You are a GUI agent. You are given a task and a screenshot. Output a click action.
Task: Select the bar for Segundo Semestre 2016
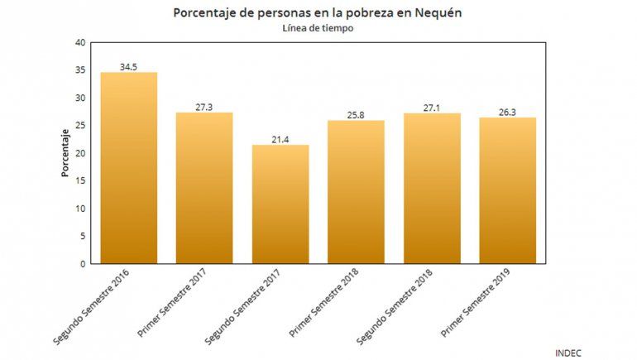pos(129,168)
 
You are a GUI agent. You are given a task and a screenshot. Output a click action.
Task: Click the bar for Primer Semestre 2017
pos(204,188)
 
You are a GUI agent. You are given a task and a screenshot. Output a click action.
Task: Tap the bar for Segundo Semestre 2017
pos(280,204)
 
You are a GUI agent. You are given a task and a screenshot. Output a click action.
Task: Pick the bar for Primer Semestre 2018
pos(356,192)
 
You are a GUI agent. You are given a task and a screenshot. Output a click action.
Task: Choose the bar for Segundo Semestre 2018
pos(432,189)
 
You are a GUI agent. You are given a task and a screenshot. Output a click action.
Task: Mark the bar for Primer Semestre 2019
pos(508,190)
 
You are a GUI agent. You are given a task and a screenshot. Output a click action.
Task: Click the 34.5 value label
pos(129,66)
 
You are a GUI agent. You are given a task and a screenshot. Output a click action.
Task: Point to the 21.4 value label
pos(280,139)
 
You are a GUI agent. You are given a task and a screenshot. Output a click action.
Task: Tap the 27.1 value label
pos(432,107)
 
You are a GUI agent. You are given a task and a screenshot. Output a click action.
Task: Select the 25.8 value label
pos(356,114)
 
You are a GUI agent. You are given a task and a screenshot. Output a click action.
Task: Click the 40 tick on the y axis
pos(79,42)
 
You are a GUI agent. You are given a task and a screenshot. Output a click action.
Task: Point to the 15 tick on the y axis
pos(79,180)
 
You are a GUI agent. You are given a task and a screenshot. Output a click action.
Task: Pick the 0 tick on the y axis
pos(82,264)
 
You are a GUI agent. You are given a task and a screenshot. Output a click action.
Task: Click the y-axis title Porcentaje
pos(65,153)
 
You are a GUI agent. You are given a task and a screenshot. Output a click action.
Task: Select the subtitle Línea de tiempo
pos(318,29)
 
